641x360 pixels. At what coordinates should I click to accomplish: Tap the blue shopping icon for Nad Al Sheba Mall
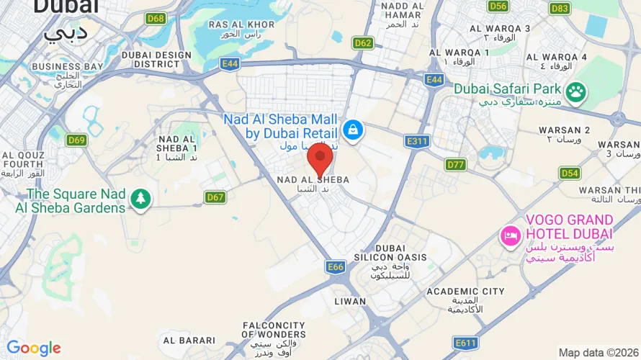(x=352, y=130)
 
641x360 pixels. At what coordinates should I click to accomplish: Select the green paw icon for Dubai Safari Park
(x=575, y=91)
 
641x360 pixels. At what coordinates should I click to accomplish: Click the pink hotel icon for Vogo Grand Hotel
(x=511, y=235)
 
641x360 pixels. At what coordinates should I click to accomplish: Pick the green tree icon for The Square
(x=140, y=199)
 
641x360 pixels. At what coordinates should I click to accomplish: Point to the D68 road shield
(x=156, y=18)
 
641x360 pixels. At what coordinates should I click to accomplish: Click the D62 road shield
(x=363, y=42)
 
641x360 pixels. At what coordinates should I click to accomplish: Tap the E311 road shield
(x=418, y=141)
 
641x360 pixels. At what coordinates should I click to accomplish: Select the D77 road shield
(x=456, y=165)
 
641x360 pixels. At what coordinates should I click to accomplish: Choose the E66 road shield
(x=335, y=267)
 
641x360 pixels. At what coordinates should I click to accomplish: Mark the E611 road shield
(x=465, y=342)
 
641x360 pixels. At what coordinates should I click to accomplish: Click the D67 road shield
(x=215, y=197)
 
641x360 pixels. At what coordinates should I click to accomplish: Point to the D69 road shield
(x=76, y=140)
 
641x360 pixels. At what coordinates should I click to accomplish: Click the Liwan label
(x=350, y=301)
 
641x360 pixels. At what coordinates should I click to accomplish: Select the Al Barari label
(x=189, y=340)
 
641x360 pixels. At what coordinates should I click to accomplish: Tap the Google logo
(x=33, y=348)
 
